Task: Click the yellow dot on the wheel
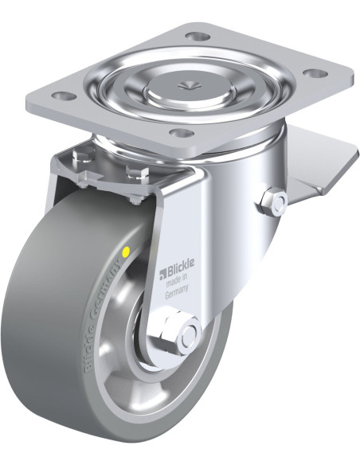click(x=126, y=252)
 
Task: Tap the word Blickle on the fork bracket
click(x=181, y=265)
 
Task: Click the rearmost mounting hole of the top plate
click(x=198, y=37)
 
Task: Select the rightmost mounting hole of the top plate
click(x=315, y=73)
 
